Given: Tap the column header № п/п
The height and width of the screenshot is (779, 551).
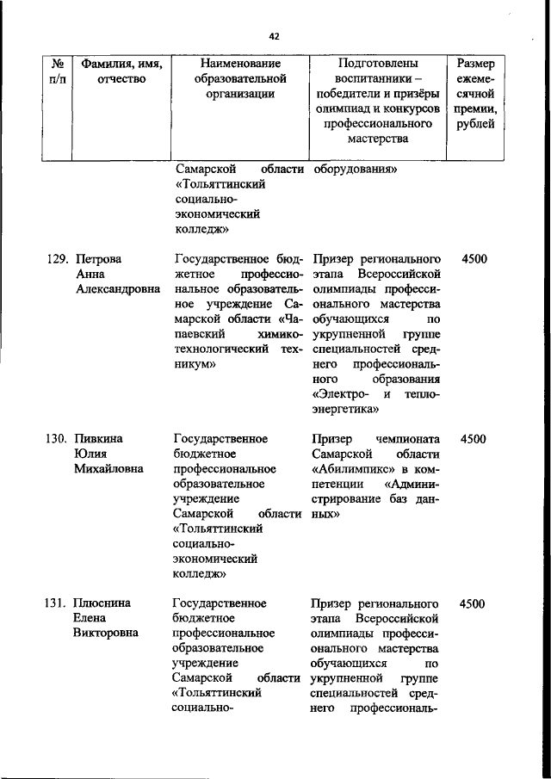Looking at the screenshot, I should pyautogui.click(x=59, y=71).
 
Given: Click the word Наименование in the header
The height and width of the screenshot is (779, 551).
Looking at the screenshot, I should pyautogui.click(x=240, y=64).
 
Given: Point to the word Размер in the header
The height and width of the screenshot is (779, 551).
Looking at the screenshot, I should pyautogui.click(x=475, y=64).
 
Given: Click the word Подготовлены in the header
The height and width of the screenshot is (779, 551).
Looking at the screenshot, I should pyautogui.click(x=378, y=64).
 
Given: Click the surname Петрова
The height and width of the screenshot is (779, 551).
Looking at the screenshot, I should pyautogui.click(x=99, y=258).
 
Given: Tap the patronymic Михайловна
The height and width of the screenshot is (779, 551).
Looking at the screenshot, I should pyautogui.click(x=109, y=470).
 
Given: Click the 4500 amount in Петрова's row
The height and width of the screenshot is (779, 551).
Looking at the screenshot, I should pyautogui.click(x=474, y=258).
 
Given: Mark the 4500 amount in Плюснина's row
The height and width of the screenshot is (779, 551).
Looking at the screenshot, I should pyautogui.click(x=474, y=603).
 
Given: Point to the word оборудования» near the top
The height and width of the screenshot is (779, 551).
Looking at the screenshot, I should pyautogui.click(x=355, y=170).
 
